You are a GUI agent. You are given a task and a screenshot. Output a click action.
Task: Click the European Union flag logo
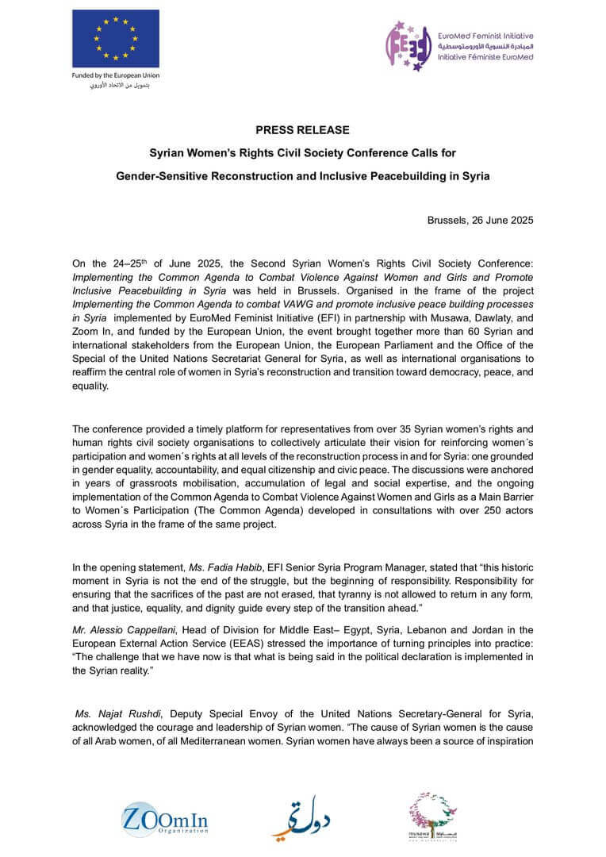(x=115, y=38)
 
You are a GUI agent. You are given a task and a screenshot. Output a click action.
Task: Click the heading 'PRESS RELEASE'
(x=302, y=129)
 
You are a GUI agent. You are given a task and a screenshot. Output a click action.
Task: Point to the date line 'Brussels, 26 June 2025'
(x=480, y=219)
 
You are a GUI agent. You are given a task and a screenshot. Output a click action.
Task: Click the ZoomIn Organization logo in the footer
(x=165, y=817)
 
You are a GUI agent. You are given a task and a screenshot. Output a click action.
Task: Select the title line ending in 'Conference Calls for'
(x=303, y=152)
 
